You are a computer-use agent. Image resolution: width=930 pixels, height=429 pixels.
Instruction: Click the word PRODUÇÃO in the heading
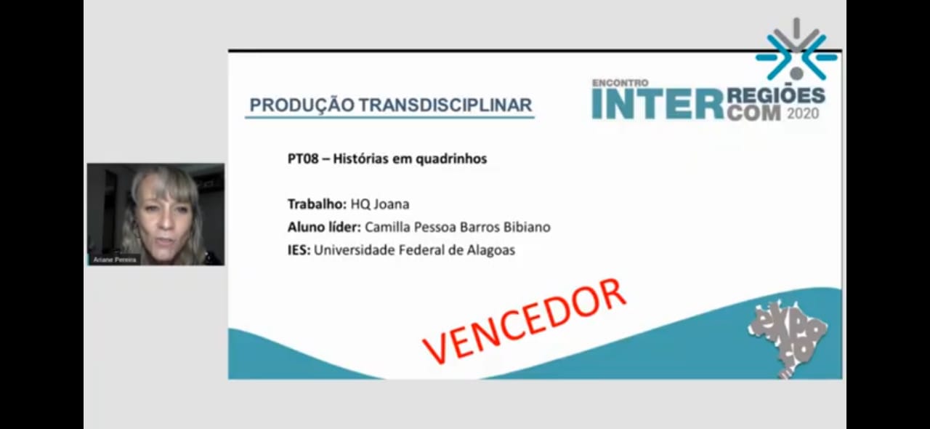(302, 105)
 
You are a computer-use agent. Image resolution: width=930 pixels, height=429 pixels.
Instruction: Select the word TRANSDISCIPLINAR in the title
(445, 105)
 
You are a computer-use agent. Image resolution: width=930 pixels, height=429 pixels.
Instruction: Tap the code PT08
(303, 159)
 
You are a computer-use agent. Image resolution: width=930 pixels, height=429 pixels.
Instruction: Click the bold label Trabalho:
(317, 204)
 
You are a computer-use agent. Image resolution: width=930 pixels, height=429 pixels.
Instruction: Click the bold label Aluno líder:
(324, 227)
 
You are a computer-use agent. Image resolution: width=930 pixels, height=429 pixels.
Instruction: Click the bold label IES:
(299, 250)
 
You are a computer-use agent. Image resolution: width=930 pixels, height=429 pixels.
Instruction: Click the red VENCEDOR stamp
(524, 321)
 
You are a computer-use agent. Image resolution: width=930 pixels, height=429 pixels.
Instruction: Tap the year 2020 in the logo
(803, 113)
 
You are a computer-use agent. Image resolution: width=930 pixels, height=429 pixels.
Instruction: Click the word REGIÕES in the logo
(776, 95)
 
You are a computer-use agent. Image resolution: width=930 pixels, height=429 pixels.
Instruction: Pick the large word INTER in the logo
(658, 104)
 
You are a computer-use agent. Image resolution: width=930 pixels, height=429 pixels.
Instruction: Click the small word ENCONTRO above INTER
(620, 83)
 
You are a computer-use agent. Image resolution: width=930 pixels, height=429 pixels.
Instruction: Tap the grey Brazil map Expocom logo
(787, 338)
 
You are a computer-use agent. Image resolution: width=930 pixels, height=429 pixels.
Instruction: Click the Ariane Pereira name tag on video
(115, 260)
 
